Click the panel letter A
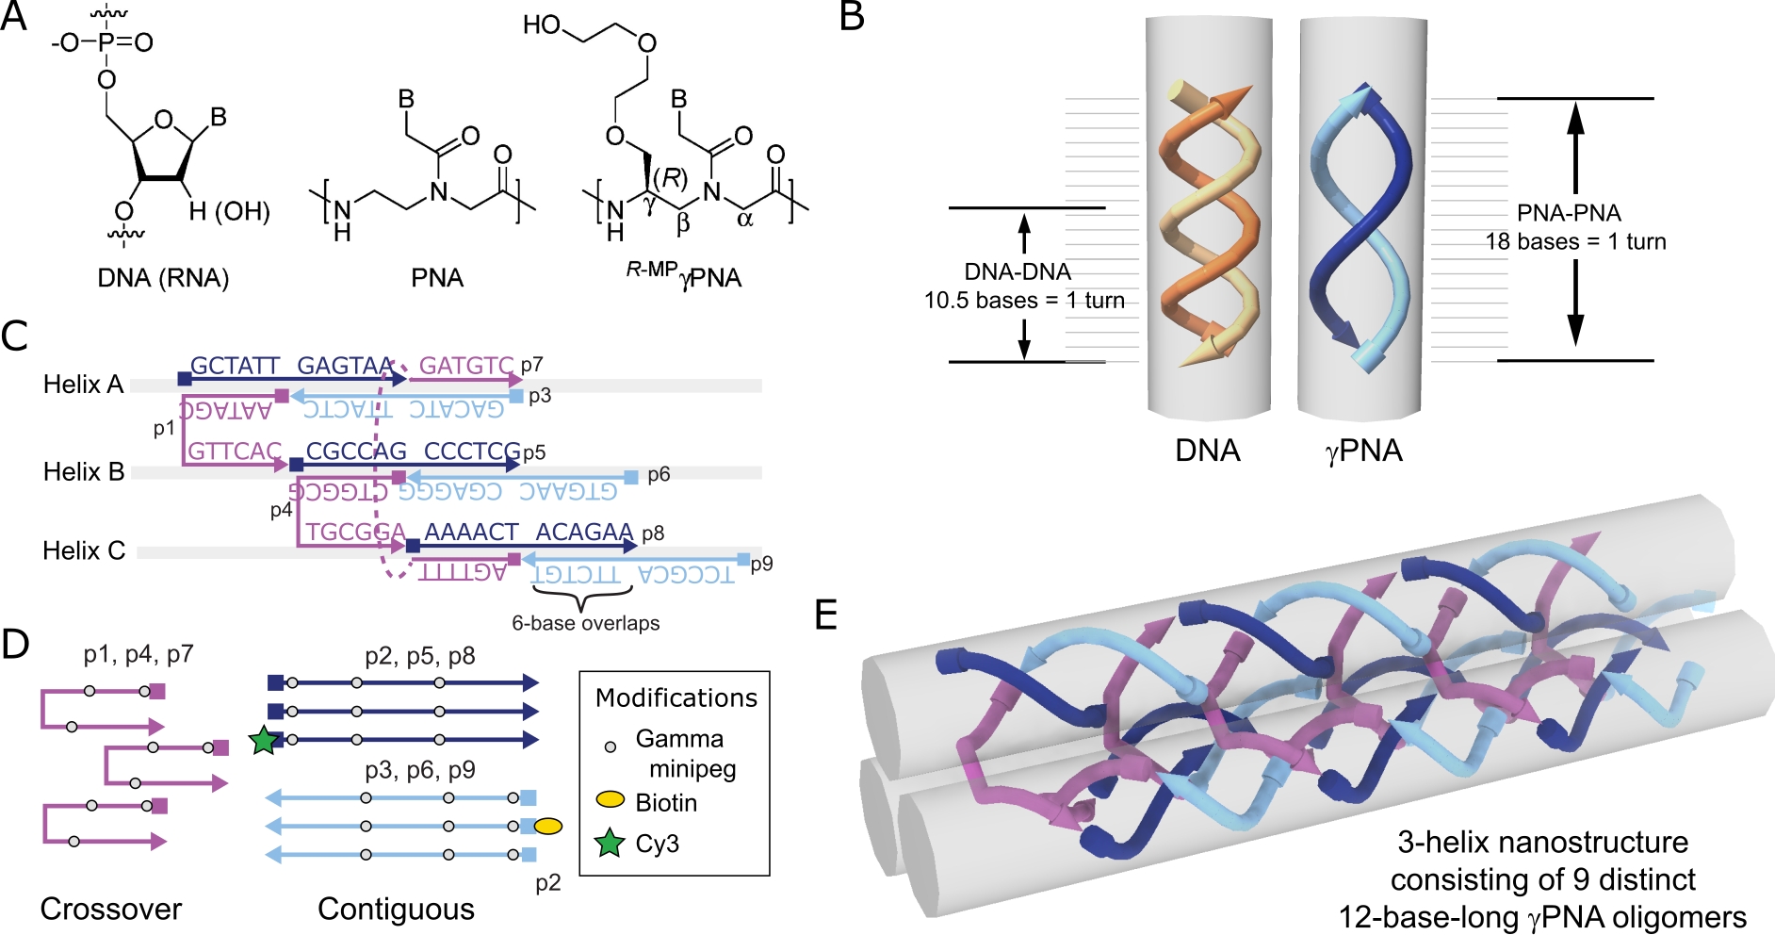pos(13,16)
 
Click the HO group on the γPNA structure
pos(542,25)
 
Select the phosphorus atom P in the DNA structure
pos(106,42)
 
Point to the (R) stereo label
pos(671,177)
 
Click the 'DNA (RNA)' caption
pos(163,278)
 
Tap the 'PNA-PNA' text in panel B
pos(1569,213)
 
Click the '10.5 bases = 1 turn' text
pos(1024,301)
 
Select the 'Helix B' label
pos(84,471)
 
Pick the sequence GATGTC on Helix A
pos(466,365)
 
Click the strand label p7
pos(532,365)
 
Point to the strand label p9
pos(761,564)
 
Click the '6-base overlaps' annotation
pos(585,623)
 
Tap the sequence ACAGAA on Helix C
pos(584,533)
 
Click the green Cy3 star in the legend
pos(611,844)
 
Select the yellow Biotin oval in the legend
pos(611,800)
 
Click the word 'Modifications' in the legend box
pos(676,697)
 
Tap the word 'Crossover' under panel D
pos(110,909)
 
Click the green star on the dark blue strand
pos(264,741)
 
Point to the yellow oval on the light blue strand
pos(548,827)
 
